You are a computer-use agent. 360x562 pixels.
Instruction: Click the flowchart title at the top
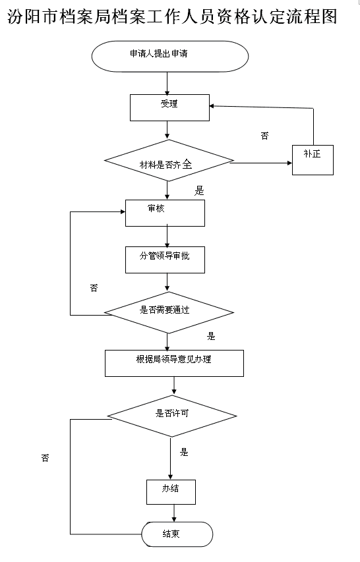click(x=172, y=16)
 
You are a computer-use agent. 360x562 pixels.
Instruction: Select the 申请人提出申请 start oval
click(x=170, y=56)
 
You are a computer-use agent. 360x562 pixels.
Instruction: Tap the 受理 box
click(x=169, y=107)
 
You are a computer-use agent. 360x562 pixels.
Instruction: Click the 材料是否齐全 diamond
click(x=169, y=161)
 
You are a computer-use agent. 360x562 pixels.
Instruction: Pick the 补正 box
click(x=313, y=160)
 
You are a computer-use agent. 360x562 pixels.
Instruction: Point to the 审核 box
click(x=165, y=213)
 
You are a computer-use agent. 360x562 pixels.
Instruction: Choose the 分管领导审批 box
click(x=165, y=260)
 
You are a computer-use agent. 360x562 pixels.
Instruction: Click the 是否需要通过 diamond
click(x=169, y=312)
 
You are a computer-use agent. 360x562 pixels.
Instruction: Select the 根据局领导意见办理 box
click(x=174, y=363)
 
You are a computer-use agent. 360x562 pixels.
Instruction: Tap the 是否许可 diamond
click(x=172, y=416)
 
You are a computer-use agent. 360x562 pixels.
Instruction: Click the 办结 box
click(x=171, y=492)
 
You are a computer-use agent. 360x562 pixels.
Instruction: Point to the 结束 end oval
click(x=177, y=534)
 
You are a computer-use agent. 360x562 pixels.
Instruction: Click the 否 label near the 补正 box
click(x=264, y=136)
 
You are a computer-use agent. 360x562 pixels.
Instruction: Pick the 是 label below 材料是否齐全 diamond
click(x=199, y=190)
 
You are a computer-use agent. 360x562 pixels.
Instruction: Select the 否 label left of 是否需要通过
click(x=94, y=288)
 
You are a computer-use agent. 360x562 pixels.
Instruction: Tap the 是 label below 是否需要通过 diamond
click(x=211, y=336)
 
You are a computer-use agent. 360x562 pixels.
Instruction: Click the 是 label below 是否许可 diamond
click(x=184, y=452)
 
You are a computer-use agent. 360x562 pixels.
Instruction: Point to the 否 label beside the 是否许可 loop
click(x=45, y=458)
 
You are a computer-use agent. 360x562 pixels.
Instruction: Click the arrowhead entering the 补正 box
click(x=289, y=163)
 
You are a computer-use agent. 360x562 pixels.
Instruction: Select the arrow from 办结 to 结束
click(x=174, y=513)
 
